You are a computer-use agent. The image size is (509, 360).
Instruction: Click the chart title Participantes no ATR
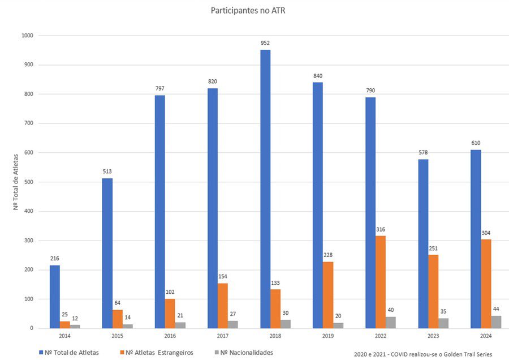[x=248, y=10]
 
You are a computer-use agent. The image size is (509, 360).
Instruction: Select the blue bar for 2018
[x=265, y=189]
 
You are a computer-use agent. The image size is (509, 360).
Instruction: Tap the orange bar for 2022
[x=381, y=282]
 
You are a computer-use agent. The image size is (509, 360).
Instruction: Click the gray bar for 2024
[x=496, y=322]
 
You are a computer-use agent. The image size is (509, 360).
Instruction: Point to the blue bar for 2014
[x=54, y=297]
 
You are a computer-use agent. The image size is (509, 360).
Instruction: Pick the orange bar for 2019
[x=328, y=295]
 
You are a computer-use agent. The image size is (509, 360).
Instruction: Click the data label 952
[x=265, y=43]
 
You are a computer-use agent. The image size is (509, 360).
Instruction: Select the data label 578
[x=423, y=152]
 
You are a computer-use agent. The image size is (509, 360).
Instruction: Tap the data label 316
[x=381, y=229]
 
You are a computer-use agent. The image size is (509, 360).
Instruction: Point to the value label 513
[x=107, y=172]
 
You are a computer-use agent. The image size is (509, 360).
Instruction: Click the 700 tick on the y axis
[x=29, y=123]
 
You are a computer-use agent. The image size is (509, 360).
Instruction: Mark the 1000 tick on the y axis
[x=27, y=36]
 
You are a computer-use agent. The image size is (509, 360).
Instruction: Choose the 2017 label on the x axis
[x=223, y=336]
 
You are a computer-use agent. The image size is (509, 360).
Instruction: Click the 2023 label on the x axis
[x=433, y=336]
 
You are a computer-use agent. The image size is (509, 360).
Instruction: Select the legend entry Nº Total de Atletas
[x=69, y=353]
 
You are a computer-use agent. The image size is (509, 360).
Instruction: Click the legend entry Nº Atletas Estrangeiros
[x=157, y=353]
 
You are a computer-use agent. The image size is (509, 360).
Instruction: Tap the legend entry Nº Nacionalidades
[x=244, y=353]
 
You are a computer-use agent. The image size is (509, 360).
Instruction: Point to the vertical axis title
[x=16, y=182]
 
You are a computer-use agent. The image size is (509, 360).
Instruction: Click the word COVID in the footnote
[x=399, y=354]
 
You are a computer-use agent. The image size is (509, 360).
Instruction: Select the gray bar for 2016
[x=180, y=325]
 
